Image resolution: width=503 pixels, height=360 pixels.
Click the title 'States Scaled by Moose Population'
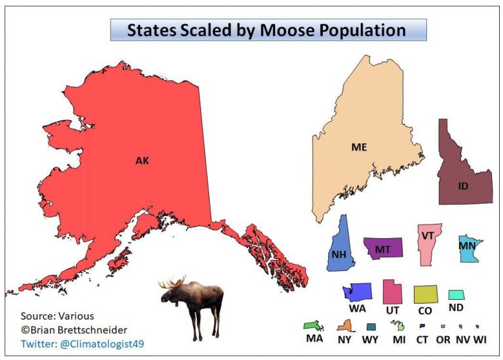pos(267,30)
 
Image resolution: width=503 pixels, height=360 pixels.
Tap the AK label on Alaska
pos(142,160)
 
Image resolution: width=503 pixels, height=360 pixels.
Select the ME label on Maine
pos(358,147)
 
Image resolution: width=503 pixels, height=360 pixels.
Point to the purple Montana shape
pos(382,249)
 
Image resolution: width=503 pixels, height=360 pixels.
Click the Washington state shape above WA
pos(357,291)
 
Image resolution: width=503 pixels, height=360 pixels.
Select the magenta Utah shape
pos(392,293)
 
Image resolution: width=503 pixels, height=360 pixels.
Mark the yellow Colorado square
pos(425,295)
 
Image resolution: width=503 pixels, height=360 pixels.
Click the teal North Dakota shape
pos(456,295)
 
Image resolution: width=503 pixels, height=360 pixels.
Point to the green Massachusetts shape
pos(313,325)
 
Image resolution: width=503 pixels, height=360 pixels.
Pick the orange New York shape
pos(345,325)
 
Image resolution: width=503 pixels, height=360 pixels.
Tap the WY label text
pos(371,339)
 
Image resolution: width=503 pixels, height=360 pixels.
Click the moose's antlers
pos(172,284)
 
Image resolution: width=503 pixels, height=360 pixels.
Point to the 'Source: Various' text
pos(58,315)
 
